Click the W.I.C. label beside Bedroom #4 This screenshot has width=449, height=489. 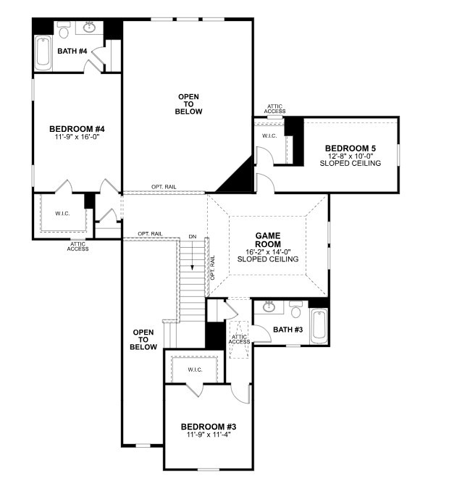click(62, 214)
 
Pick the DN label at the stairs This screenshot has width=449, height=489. click(192, 237)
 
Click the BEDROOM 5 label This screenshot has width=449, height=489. click(350, 149)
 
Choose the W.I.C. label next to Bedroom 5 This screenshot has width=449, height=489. click(269, 135)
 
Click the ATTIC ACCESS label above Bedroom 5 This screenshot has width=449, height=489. click(275, 109)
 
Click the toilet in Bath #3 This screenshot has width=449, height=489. click(295, 311)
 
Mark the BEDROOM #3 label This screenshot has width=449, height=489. click(208, 427)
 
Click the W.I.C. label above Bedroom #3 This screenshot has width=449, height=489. click(195, 369)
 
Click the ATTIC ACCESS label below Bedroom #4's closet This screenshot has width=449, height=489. click(77, 246)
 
